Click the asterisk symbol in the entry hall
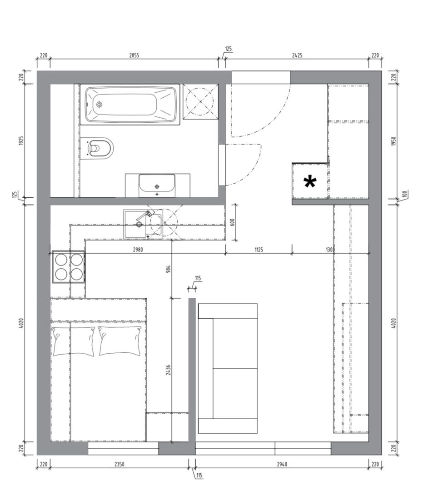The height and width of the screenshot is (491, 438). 310,182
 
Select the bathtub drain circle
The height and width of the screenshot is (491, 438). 100,105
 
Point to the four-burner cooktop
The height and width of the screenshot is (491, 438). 69,267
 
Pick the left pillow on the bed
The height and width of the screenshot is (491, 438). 73,341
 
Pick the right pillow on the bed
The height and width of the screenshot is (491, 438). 120,341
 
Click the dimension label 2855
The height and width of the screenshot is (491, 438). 134,55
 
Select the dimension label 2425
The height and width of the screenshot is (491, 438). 297,55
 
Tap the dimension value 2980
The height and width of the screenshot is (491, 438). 138,250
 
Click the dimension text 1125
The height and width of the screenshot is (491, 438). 259,250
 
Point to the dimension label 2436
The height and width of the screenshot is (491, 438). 168,370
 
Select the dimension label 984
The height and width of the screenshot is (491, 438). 168,269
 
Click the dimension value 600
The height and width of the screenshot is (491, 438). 232,222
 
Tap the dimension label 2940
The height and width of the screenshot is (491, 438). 282,464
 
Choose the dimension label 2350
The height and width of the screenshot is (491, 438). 119,464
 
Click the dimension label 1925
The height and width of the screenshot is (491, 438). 21,140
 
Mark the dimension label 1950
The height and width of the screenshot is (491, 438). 394,141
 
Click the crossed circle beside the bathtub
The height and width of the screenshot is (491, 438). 200,101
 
